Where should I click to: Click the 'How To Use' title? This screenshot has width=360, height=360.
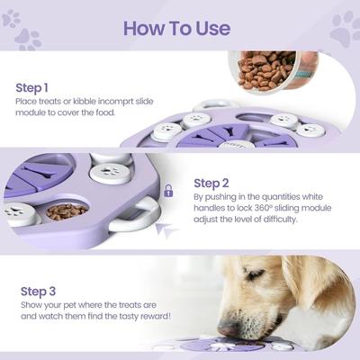[x=176, y=27]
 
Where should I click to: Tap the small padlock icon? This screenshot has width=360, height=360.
[x=167, y=191]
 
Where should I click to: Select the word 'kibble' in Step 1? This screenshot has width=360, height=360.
[x=94, y=103]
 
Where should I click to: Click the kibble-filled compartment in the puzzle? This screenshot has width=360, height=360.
[x=67, y=212]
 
